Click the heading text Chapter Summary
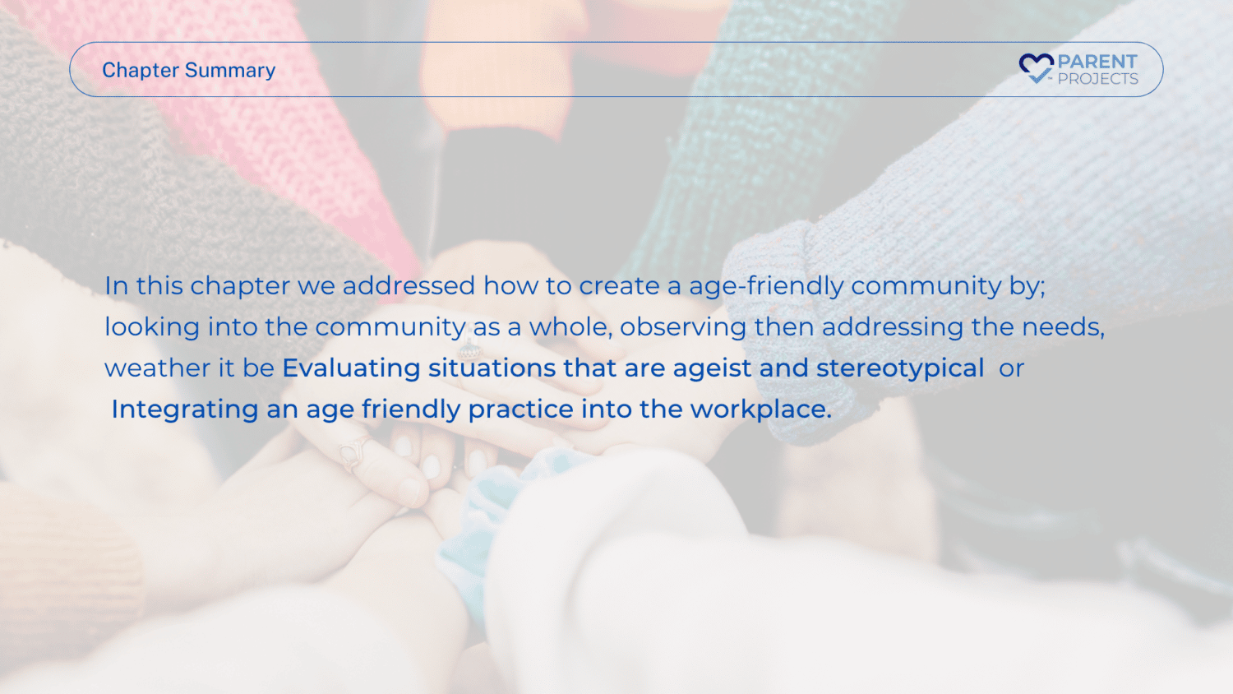(x=189, y=71)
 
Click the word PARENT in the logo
(x=1097, y=62)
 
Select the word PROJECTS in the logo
(x=1097, y=79)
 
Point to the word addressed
(x=409, y=286)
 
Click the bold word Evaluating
(x=351, y=368)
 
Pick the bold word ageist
(x=712, y=368)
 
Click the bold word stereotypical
(x=900, y=368)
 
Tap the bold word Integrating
(x=185, y=409)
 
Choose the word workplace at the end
(x=760, y=409)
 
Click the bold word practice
(x=520, y=409)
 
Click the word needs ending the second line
(x=1063, y=327)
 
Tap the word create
(x=619, y=286)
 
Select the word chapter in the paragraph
(x=240, y=286)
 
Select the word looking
(x=152, y=328)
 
